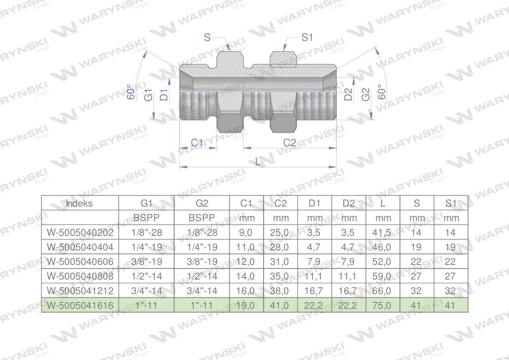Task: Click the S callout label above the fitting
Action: coord(207,37)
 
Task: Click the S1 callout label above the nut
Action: coord(307,37)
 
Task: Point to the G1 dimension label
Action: coord(149,95)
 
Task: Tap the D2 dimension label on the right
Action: coord(348,94)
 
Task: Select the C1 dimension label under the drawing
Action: coord(197,143)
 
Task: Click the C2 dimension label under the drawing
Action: coord(290,143)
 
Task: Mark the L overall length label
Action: coord(258,162)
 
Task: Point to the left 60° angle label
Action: coord(131,92)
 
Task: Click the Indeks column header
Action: coord(79,203)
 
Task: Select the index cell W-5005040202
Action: coord(80,232)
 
